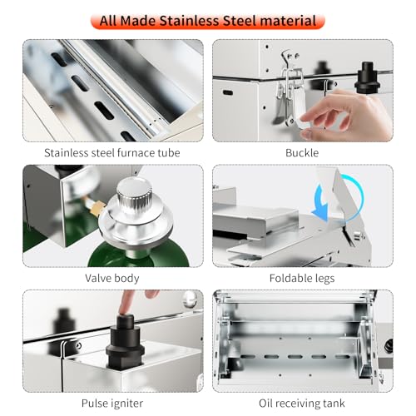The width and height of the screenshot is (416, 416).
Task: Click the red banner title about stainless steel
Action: coord(208,21)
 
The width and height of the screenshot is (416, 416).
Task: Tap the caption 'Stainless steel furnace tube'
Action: coord(112,153)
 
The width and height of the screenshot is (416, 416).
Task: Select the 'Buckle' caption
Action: coord(302,153)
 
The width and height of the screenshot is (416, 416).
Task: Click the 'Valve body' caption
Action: coord(112,278)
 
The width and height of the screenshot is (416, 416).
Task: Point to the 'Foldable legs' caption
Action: coord(302,278)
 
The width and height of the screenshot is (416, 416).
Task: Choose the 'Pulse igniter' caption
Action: coord(112,404)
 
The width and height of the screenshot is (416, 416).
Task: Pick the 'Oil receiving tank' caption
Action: coord(302,404)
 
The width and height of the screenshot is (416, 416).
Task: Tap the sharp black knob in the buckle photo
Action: coord(367,77)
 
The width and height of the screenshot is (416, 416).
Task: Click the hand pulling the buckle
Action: coord(347,114)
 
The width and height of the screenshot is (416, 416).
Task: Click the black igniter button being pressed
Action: coord(125,343)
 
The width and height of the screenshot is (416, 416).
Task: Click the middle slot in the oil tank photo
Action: coord(295,356)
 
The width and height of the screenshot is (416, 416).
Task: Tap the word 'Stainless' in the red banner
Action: coord(190,21)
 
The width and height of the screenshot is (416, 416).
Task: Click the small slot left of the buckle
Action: coord(228,92)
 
